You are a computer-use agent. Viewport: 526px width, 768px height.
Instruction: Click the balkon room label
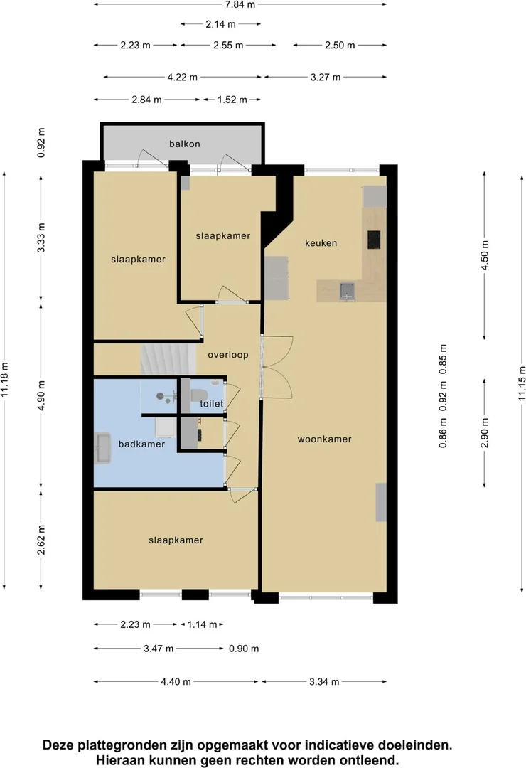tap(185, 144)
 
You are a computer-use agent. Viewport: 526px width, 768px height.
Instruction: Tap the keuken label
tap(321, 243)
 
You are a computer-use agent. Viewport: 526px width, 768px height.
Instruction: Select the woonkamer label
tap(324, 439)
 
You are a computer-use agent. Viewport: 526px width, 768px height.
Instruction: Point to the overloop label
tap(227, 355)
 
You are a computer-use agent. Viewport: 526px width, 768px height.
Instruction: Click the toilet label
tap(212, 404)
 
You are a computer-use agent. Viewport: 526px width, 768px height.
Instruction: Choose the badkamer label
tap(141, 444)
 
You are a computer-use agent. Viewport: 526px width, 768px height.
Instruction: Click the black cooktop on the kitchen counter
tap(374, 240)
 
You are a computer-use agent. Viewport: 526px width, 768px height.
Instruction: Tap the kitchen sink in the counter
tap(347, 291)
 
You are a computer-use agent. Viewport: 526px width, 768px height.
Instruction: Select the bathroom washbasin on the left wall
tap(103, 448)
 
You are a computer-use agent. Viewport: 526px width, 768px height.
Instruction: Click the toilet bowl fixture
tap(199, 395)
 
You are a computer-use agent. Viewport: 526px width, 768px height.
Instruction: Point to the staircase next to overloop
tap(168, 359)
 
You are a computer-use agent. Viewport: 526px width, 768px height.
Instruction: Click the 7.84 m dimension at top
tap(240, 5)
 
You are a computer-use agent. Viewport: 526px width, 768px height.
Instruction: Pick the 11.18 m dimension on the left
tap(5, 380)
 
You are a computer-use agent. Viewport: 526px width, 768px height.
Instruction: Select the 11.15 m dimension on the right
tap(522, 383)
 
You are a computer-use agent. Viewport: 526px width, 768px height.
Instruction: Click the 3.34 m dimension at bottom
tap(324, 682)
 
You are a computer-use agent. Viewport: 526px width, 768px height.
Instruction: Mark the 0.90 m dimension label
tap(244, 649)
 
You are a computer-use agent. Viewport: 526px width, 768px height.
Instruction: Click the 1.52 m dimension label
tap(232, 100)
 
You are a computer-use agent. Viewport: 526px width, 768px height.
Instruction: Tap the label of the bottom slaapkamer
tap(176, 540)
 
